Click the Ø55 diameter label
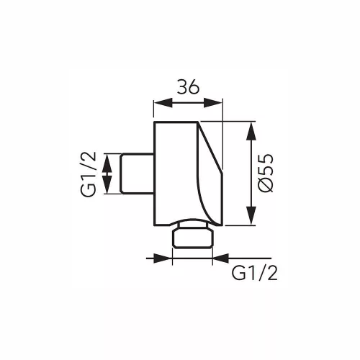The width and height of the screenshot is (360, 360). (x=266, y=173)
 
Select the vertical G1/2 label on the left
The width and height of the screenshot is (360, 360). (x=88, y=174)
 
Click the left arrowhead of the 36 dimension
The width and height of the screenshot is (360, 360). (x=163, y=103)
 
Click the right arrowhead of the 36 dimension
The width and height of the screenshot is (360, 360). (x=213, y=103)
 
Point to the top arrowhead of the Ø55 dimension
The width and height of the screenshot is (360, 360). (x=251, y=131)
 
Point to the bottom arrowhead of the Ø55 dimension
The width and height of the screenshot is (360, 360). (x=251, y=215)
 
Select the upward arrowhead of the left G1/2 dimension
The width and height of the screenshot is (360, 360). (x=107, y=163)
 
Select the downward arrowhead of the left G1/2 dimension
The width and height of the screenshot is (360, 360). (x=107, y=184)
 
